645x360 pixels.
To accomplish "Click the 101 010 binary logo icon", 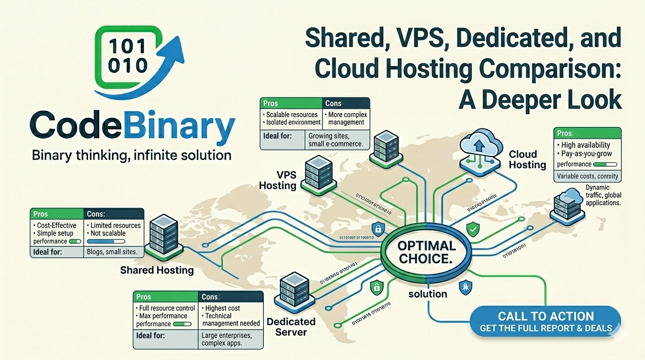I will point(127,57).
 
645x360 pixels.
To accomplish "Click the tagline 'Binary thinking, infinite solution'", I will point(131,155).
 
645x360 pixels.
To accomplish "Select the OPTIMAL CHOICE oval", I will point(427,252).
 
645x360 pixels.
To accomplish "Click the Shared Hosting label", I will point(157,270).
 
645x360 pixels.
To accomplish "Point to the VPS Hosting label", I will point(278,180).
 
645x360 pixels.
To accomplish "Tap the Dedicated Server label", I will point(291,327).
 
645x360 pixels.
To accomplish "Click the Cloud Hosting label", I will point(527,159).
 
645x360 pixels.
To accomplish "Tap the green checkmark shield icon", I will point(472,229).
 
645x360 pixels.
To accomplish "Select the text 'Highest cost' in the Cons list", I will point(223,308).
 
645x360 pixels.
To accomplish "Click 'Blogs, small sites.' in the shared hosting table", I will point(112,252).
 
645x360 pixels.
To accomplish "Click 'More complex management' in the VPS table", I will point(347,118).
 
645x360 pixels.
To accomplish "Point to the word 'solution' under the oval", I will point(427,294).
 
